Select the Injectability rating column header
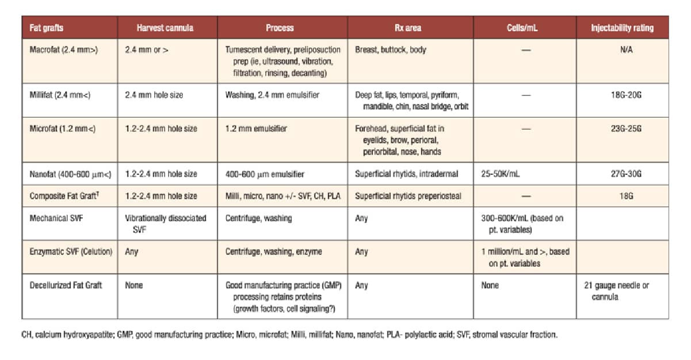[x=622, y=28]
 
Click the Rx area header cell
[x=409, y=28]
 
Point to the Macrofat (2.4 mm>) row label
[x=64, y=49]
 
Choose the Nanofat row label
[x=66, y=174]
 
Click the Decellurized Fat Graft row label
[x=66, y=285]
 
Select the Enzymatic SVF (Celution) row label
[x=71, y=252]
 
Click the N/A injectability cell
[x=622, y=49]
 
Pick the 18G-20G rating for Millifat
[x=622, y=95]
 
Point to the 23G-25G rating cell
[x=622, y=129]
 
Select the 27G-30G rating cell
[x=622, y=174]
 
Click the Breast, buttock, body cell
[x=391, y=49]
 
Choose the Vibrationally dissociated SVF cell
[x=166, y=224]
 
